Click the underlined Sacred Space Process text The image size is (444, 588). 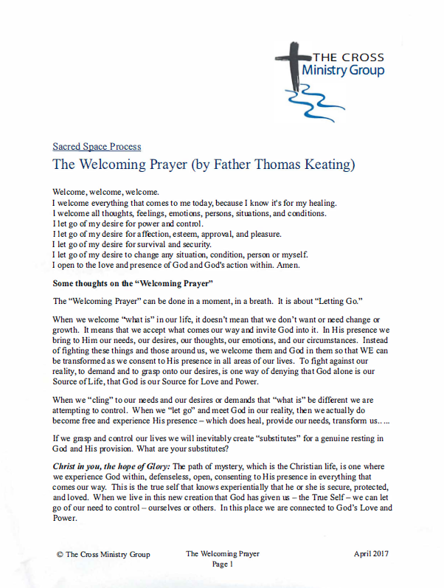(97, 147)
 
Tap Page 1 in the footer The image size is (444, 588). (221, 564)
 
